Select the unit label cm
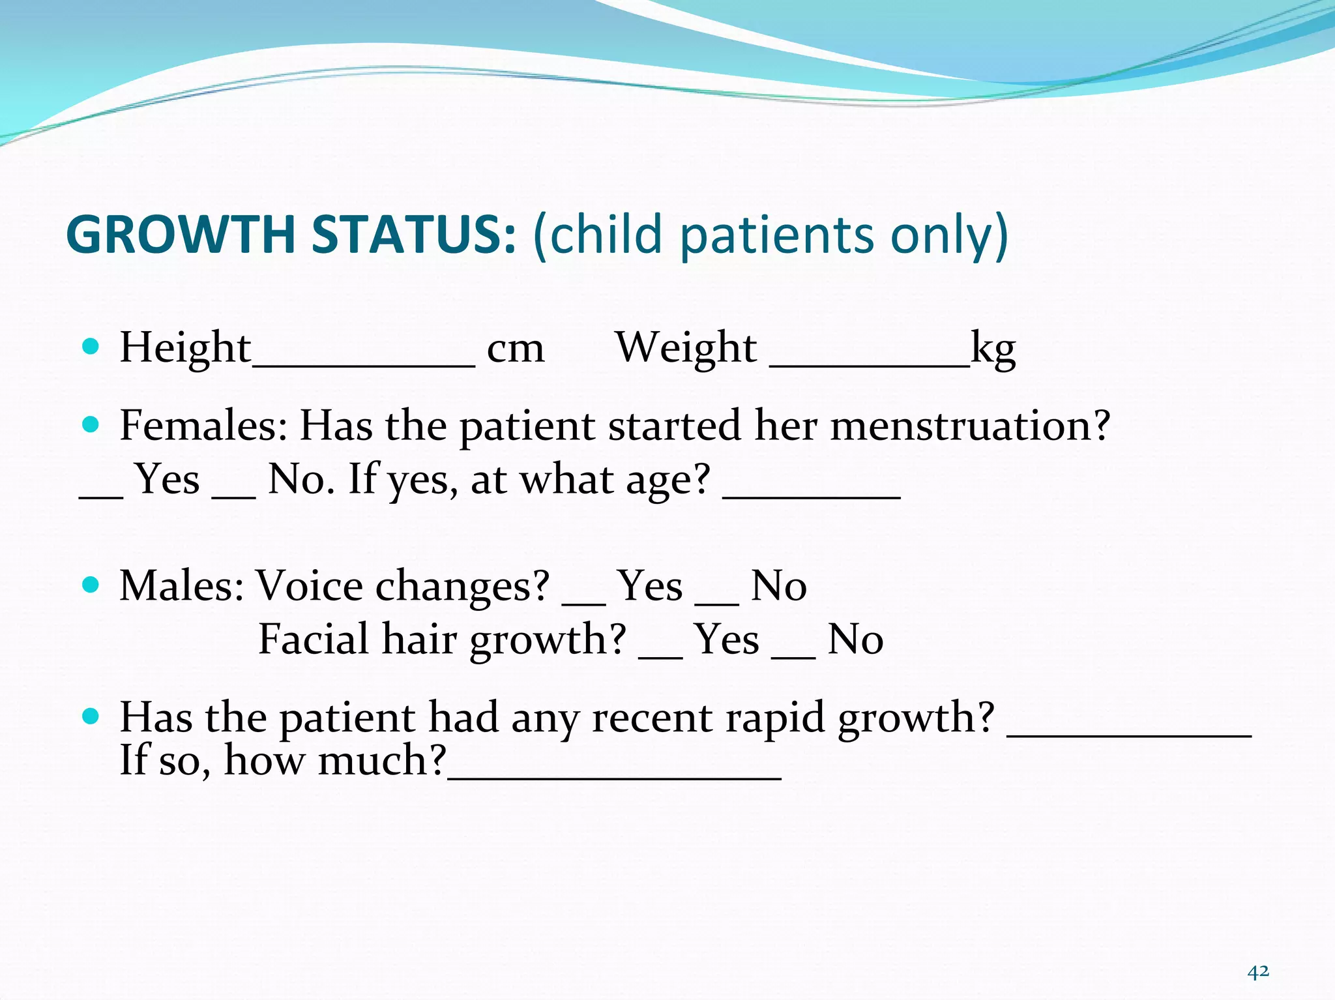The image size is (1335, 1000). pos(515,349)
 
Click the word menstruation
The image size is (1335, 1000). pos(970,426)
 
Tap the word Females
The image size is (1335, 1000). pos(203,426)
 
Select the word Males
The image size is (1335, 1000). pos(181,585)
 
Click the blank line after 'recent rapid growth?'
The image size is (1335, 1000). pos(1129,733)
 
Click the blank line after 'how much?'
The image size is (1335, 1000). pos(614,776)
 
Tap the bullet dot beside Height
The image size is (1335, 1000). pos(91,346)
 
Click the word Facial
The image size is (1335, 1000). pos(314,639)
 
